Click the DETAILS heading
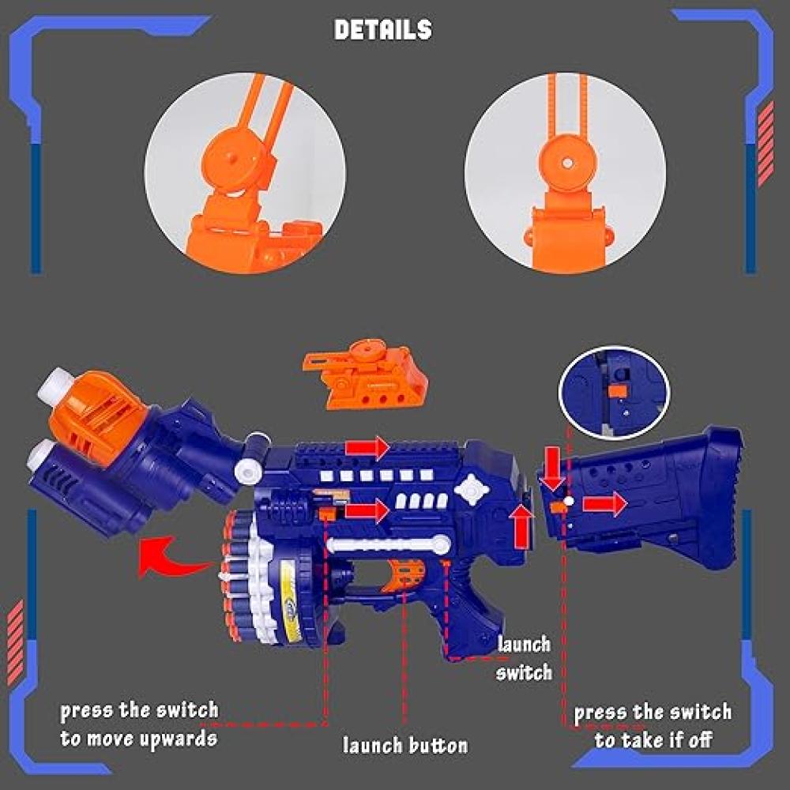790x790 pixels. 383,30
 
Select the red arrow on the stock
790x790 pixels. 604,502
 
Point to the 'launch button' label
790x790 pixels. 405,745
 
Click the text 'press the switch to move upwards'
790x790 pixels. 139,724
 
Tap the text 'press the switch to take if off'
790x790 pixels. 653,726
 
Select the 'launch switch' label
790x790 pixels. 524,658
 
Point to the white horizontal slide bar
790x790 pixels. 387,544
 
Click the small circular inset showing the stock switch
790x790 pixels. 615,392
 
